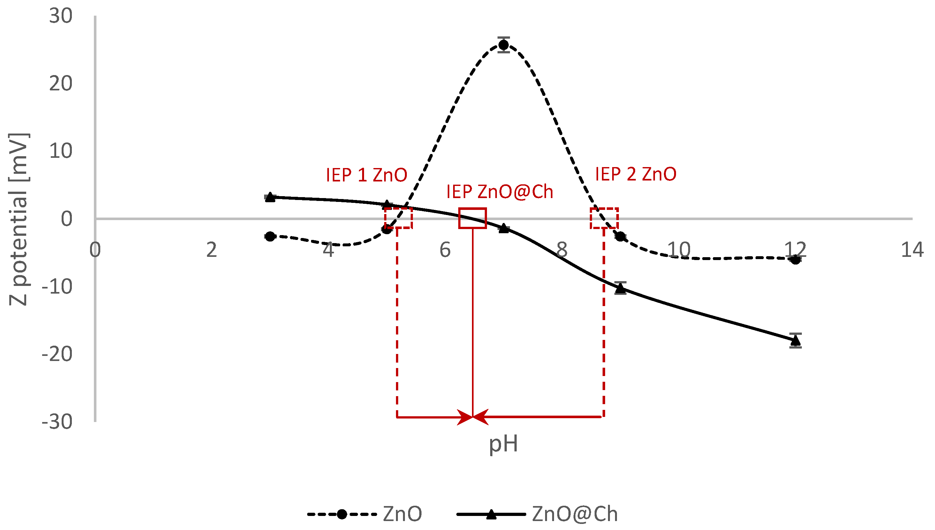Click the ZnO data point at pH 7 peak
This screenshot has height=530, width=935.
(504, 45)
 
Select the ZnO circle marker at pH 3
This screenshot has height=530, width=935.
(270, 236)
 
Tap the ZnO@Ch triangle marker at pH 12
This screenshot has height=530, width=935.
(796, 340)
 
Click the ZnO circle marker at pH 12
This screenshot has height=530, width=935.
(796, 259)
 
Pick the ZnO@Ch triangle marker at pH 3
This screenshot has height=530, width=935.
(270, 197)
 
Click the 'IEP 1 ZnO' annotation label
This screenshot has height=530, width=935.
(366, 175)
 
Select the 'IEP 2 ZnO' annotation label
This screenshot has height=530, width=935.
(635, 174)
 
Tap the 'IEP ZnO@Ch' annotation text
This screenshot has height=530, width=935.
(499, 192)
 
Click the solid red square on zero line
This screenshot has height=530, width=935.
(473, 219)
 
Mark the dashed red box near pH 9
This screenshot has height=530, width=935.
(604, 219)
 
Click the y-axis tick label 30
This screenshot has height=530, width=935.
(61, 16)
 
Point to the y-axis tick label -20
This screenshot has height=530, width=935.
(57, 354)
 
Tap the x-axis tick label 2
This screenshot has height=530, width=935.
(211, 250)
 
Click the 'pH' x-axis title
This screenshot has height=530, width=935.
(503, 444)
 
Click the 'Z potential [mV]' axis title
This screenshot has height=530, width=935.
(18, 219)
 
